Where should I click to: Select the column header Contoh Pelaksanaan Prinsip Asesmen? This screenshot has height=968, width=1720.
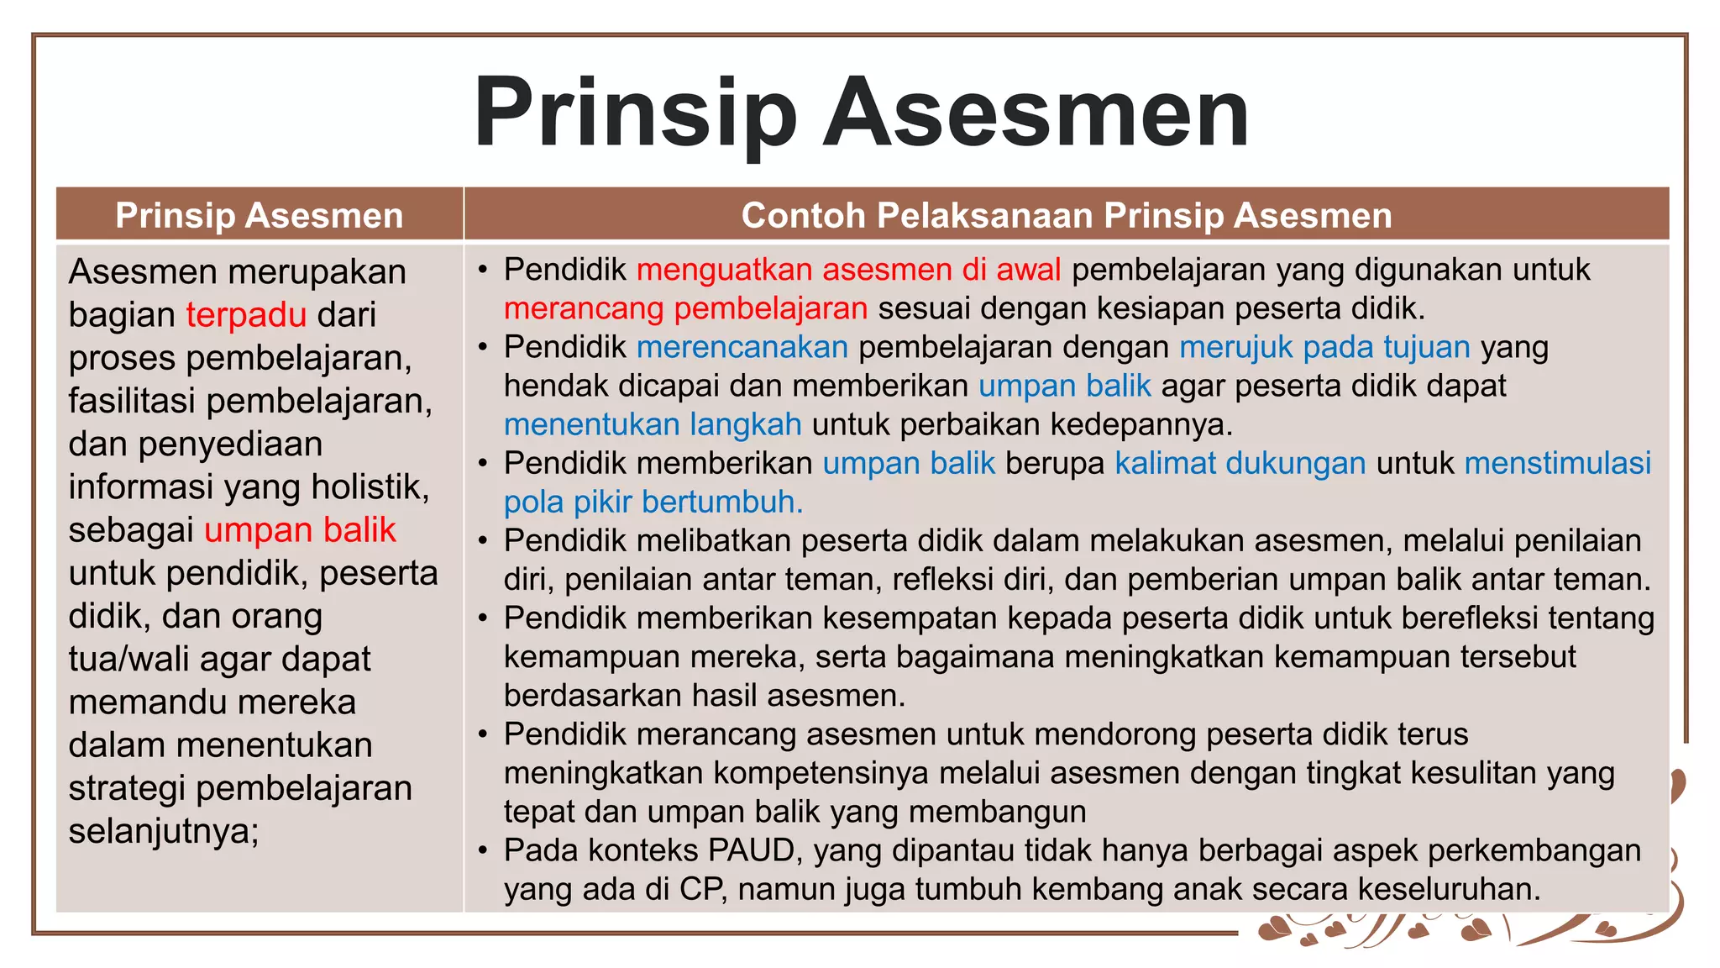(x=1066, y=215)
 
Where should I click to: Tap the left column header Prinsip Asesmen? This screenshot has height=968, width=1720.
(x=259, y=215)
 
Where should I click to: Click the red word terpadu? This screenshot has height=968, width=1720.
(x=246, y=315)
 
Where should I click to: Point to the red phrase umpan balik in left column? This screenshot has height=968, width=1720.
(x=300, y=530)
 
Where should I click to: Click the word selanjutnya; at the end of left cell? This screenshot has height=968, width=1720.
(x=164, y=831)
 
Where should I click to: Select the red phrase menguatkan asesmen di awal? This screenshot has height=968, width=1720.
(x=848, y=270)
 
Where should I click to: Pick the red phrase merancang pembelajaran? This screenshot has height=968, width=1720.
(x=685, y=308)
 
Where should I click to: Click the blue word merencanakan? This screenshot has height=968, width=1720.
(x=742, y=347)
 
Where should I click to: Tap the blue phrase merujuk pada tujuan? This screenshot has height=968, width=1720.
(x=1324, y=347)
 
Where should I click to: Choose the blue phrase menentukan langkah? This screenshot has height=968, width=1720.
(x=653, y=424)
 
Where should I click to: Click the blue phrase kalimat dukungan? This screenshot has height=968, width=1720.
(x=1240, y=463)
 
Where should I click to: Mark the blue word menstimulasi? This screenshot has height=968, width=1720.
(x=1557, y=463)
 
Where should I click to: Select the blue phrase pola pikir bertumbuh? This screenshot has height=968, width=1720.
(x=653, y=502)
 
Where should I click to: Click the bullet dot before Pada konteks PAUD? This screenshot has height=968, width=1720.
(x=483, y=851)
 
